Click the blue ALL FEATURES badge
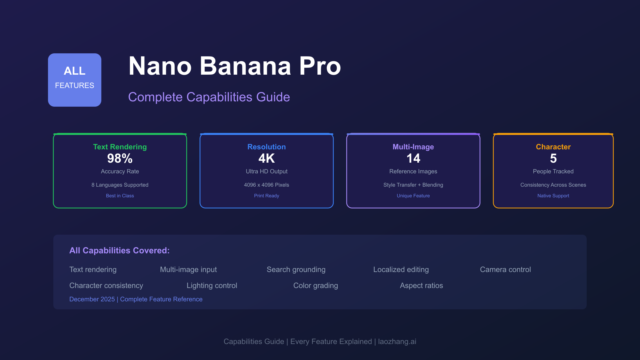[x=75, y=80]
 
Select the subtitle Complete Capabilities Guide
[x=209, y=97]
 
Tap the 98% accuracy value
[x=120, y=158]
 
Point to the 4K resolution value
[x=266, y=158]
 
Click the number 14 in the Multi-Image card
[x=413, y=158]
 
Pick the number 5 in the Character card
[x=553, y=158]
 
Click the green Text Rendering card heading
[x=120, y=147]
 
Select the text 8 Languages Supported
[x=120, y=185]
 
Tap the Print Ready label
[x=266, y=196]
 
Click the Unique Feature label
[x=413, y=196]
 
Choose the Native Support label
[x=553, y=196]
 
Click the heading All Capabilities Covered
[x=119, y=250]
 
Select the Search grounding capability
[x=296, y=270]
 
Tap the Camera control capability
[x=505, y=270]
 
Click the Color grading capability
[x=315, y=286]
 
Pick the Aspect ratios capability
[x=421, y=286]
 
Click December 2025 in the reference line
[x=92, y=299]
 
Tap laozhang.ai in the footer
[x=397, y=342]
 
